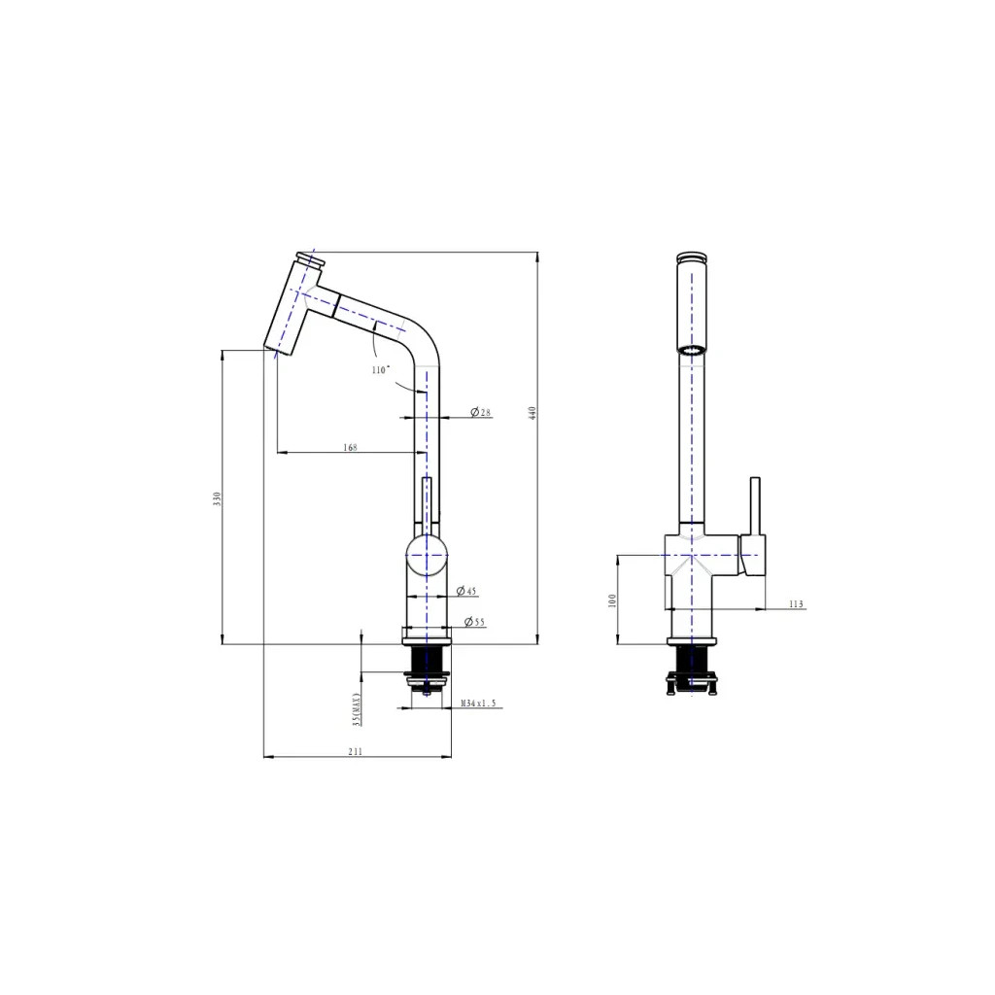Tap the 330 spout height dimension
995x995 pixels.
[218, 497]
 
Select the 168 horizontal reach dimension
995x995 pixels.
[351, 447]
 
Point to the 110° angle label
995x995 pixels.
[380, 370]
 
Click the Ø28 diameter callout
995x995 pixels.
[481, 412]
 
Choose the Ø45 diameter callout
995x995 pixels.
[466, 591]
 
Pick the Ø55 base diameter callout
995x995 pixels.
[474, 621]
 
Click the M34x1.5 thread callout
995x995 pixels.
[479, 703]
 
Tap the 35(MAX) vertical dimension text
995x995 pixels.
[357, 708]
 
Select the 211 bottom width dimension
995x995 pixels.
[356, 751]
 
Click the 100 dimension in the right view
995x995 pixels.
[612, 600]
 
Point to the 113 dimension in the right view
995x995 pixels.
[796, 604]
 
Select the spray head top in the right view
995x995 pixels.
[690, 258]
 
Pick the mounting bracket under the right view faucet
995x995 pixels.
[691, 684]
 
